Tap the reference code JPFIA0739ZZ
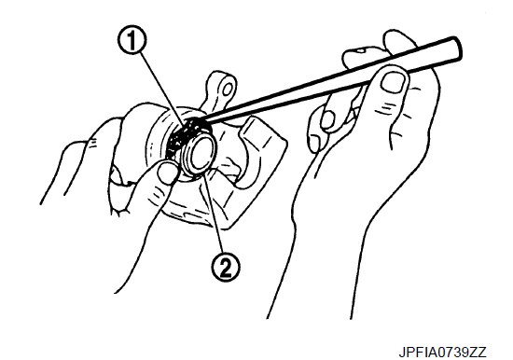442,353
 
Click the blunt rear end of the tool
456,48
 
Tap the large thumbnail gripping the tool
395,82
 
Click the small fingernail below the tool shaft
326,119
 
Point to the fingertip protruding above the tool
400,40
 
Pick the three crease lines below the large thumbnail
388,106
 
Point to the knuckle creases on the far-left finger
91,144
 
